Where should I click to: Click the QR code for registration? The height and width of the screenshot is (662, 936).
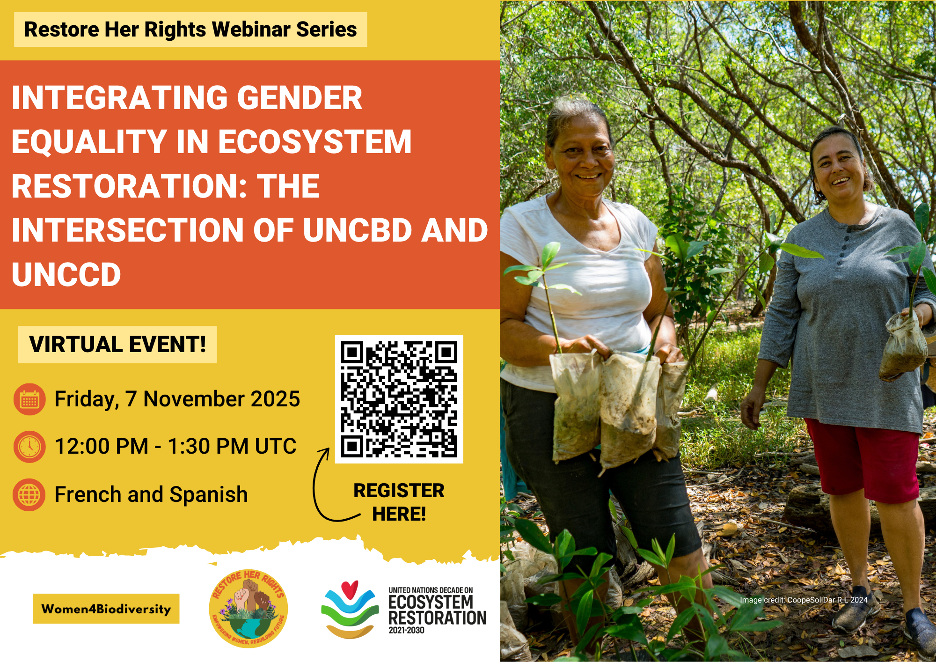[x=399, y=399]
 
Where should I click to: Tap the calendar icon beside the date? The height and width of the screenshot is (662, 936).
[x=29, y=399]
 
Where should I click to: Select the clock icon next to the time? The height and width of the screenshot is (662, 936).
[x=29, y=447]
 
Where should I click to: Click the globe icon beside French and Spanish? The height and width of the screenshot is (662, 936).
[x=29, y=494]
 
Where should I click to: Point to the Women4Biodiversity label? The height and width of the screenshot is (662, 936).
[x=106, y=609]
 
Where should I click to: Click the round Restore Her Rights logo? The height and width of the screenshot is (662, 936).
[x=249, y=609]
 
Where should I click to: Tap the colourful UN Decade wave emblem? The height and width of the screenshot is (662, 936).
[x=350, y=609]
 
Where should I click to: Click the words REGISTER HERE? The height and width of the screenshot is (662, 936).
[x=399, y=502]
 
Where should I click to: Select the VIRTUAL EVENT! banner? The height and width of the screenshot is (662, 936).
[x=117, y=345]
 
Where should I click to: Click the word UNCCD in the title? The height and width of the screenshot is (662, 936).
[x=66, y=274]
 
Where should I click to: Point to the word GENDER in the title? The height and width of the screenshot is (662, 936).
[x=300, y=98]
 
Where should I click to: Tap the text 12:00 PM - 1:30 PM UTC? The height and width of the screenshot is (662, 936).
[x=175, y=446]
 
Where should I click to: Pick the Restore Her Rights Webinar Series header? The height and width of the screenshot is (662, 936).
[x=190, y=29]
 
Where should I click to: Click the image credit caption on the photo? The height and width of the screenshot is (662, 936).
[x=804, y=600]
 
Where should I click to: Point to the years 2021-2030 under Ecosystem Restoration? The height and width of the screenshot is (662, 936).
[x=406, y=631]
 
